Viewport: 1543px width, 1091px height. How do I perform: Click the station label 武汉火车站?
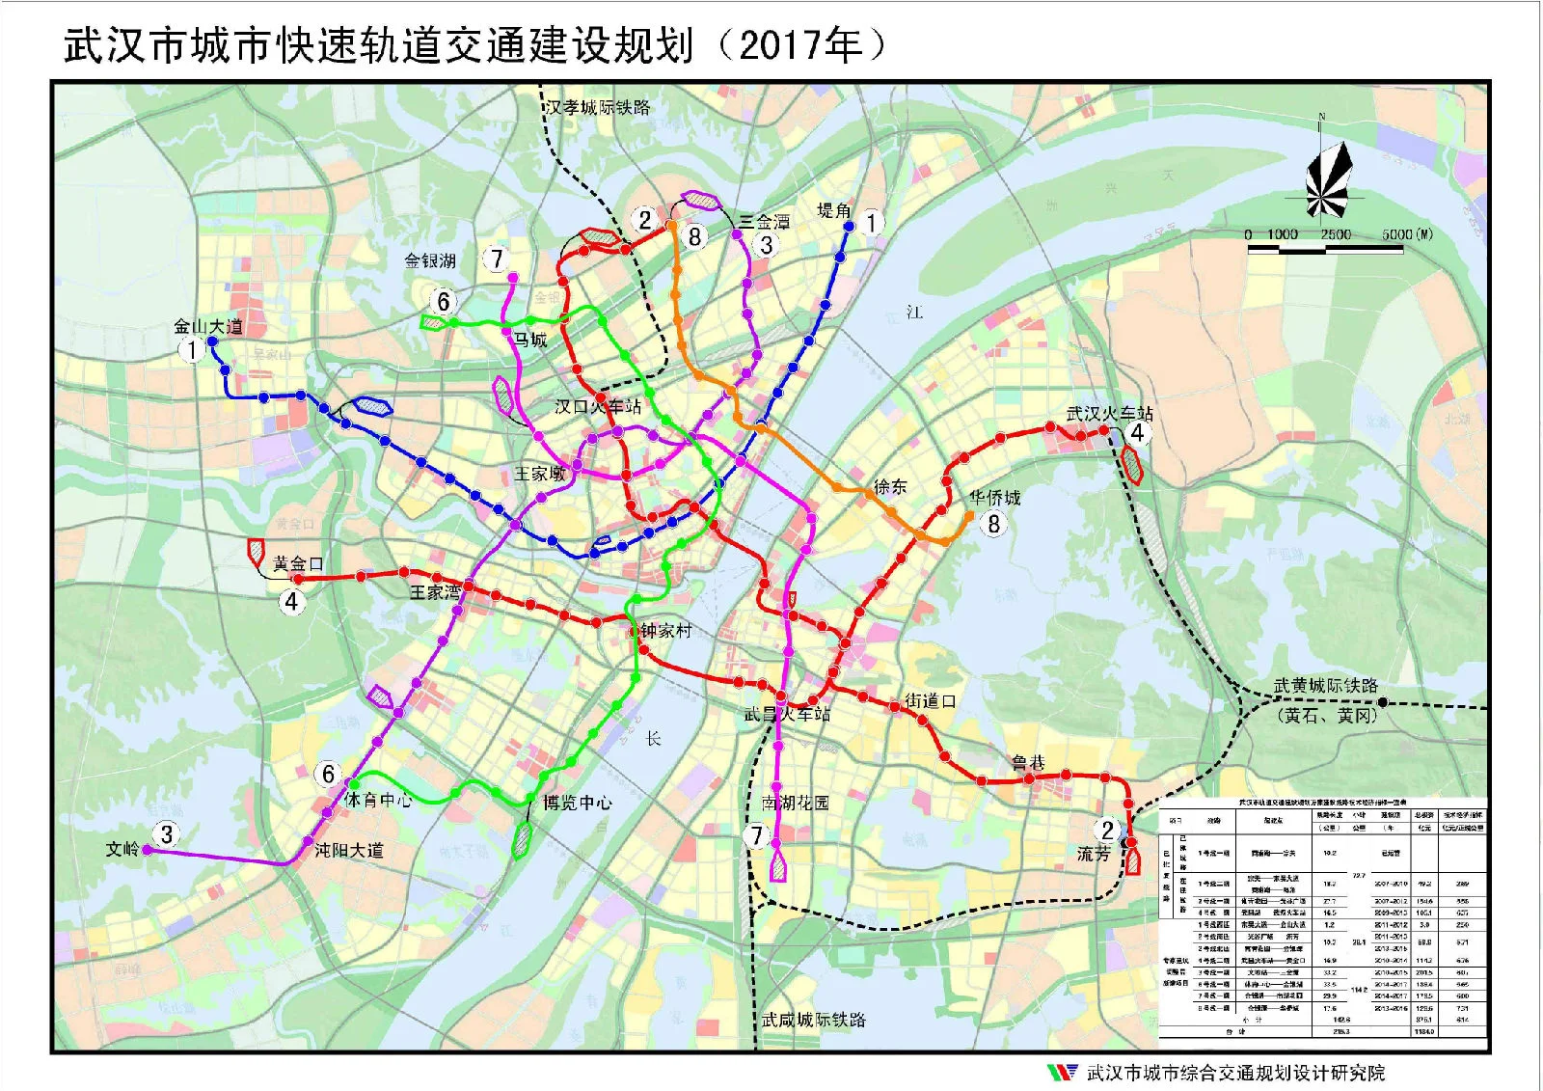point(1109,413)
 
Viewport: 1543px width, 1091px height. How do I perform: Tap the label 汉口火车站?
point(598,406)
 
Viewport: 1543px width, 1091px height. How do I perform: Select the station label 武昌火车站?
point(786,714)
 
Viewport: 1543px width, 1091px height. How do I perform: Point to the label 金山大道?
point(208,326)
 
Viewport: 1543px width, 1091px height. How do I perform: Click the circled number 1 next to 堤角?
point(871,223)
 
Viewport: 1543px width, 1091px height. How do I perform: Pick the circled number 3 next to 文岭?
point(167,833)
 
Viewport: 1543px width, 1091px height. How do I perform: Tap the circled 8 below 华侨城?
point(993,524)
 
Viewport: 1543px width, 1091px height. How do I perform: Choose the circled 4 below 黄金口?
point(291,602)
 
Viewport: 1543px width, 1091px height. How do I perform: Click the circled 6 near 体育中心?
point(328,774)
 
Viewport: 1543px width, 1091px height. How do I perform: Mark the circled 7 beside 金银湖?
point(497,259)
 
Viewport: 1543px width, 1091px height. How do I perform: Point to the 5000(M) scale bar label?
point(1407,234)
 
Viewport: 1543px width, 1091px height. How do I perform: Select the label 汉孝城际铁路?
point(598,107)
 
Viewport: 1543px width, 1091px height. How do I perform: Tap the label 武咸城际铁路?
point(813,1020)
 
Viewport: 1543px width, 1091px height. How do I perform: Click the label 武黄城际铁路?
point(1325,686)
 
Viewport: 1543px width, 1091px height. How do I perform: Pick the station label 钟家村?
point(666,631)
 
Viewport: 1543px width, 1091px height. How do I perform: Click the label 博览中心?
point(576,803)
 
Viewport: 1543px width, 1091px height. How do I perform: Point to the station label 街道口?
point(930,701)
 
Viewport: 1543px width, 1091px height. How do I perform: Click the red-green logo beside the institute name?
point(1061,1072)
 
